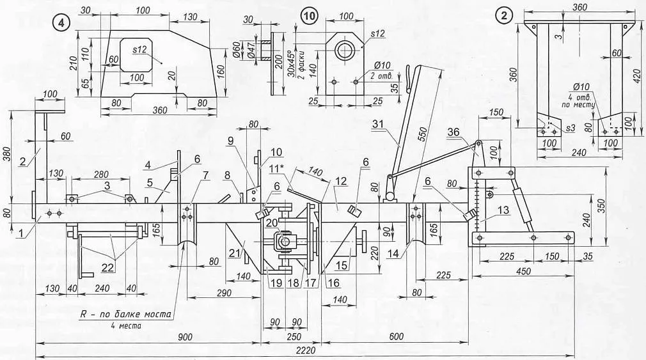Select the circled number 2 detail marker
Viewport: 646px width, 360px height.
pyautogui.click(x=504, y=16)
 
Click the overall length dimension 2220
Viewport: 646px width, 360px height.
pyautogui.click(x=306, y=350)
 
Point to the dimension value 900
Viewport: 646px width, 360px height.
pyautogui.click(x=185, y=338)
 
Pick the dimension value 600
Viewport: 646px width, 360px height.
pyautogui.click(x=397, y=337)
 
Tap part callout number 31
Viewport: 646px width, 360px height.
pyautogui.click(x=378, y=123)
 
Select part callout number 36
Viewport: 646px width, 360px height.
pyautogui.click(x=453, y=132)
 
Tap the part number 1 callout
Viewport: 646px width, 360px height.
pyautogui.click(x=21, y=233)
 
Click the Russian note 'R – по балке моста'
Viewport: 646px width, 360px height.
pyautogui.click(x=125, y=315)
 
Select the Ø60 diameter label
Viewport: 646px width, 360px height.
pyautogui.click(x=237, y=49)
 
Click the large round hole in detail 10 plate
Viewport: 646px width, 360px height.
pyautogui.click(x=344, y=51)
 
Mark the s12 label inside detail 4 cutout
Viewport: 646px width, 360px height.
pyautogui.click(x=139, y=49)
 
